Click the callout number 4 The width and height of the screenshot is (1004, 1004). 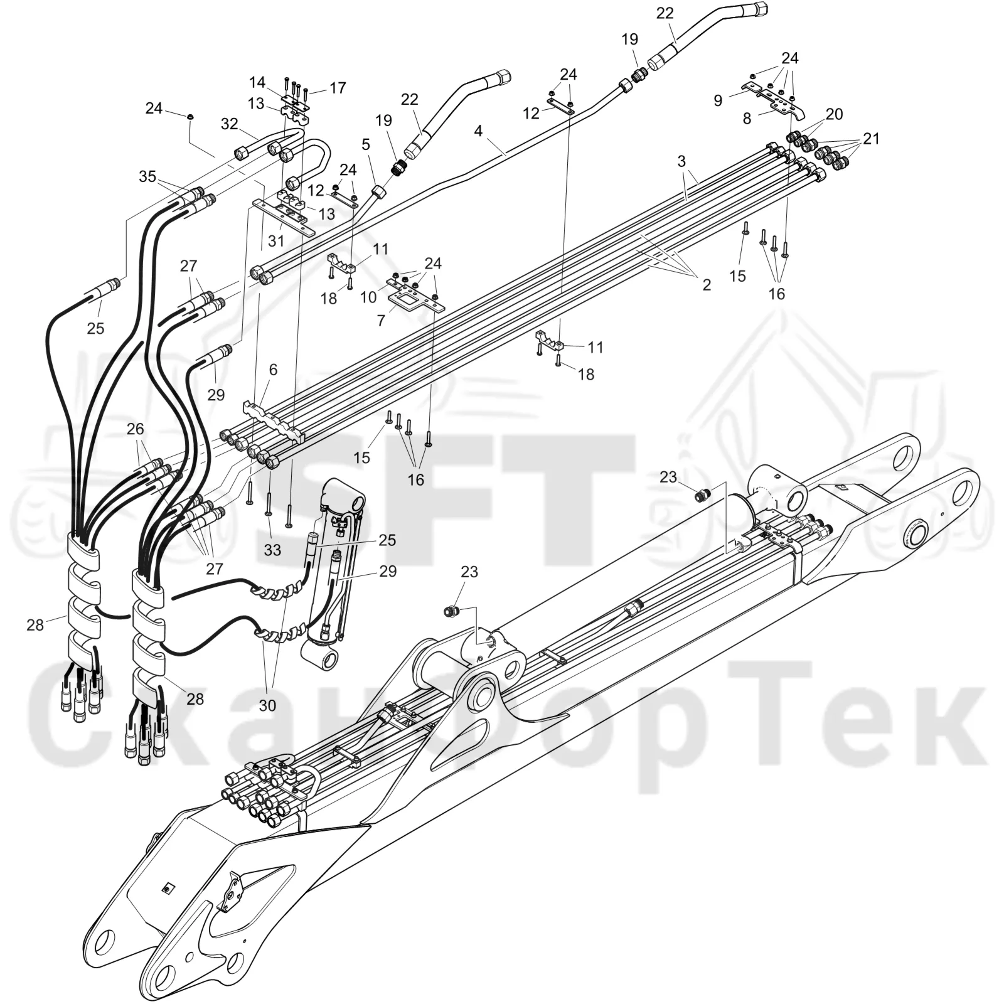[479, 131]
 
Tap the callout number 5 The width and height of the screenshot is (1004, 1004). [366, 144]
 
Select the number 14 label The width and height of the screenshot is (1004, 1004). [257, 82]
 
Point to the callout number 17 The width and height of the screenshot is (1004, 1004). [338, 87]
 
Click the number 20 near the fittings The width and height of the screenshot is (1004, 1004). [835, 114]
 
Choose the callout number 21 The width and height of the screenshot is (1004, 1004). [871, 138]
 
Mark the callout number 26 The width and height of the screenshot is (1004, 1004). [135, 429]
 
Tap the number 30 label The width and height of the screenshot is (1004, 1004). [267, 705]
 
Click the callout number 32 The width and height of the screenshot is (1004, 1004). [230, 124]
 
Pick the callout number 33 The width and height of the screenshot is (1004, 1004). [272, 550]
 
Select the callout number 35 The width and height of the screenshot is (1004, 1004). [147, 176]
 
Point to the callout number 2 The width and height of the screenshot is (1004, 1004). [707, 284]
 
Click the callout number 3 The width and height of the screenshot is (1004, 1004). [681, 161]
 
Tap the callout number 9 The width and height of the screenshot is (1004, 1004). [718, 100]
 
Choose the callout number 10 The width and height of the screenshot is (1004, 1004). [368, 296]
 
